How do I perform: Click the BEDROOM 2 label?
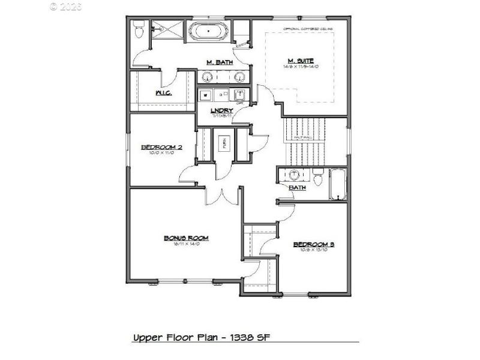[x=161, y=147]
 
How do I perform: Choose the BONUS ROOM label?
[x=186, y=238]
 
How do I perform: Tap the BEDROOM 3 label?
[x=313, y=244]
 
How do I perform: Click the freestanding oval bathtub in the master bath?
[x=208, y=31]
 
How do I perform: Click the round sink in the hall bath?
[x=295, y=175]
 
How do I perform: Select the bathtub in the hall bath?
[x=338, y=184]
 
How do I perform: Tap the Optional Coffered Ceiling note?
[x=308, y=28]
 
